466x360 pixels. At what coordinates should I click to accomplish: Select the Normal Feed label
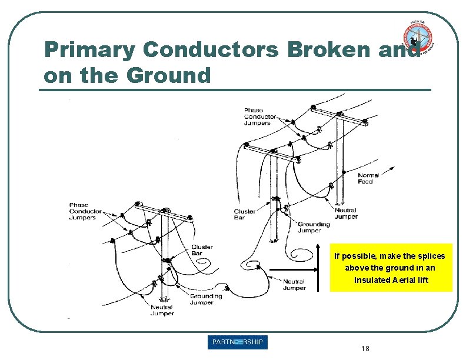coord(368,178)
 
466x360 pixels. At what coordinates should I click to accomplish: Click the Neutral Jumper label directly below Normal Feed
coord(346,213)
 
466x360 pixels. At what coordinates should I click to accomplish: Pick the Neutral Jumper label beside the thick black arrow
coord(294,285)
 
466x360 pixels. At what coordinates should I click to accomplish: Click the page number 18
coord(365,349)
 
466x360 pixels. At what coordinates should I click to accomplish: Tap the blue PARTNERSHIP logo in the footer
coord(238,342)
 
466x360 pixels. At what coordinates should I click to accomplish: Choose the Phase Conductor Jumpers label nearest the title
coord(257,116)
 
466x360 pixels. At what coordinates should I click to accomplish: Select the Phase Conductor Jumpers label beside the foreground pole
coord(82,211)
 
